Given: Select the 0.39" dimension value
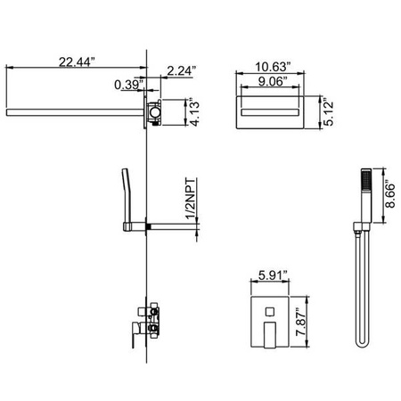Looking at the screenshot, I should pos(130,86).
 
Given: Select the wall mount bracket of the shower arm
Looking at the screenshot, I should pos(157,114).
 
